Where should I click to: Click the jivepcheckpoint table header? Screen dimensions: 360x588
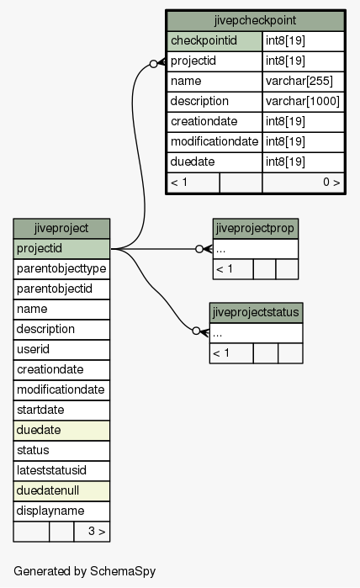tap(256, 21)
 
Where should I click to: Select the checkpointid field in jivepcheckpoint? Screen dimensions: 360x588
tap(214, 41)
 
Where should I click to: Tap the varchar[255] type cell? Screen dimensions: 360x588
tap(304, 82)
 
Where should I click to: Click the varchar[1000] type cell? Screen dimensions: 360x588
tap(304, 102)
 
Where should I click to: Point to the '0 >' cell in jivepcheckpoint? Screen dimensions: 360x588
tap(304, 183)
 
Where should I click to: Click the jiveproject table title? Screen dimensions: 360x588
tap(61, 228)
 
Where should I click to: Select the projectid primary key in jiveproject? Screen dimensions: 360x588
tap(61, 249)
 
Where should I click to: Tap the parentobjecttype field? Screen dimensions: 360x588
tap(61, 269)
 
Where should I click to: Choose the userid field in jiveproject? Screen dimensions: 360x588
tap(61, 350)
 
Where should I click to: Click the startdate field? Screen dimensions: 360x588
tap(61, 411)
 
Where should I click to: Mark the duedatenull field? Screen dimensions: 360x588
tap(61, 491)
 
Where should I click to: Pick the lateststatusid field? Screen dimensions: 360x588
tap(61, 470)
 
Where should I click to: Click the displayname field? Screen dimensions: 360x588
tap(61, 511)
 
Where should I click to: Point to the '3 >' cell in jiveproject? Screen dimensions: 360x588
tap(92, 532)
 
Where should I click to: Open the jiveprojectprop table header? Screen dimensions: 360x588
tap(256, 229)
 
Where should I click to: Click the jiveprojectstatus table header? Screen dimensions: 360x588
tap(256, 313)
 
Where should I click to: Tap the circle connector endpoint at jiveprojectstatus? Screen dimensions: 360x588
tap(196, 331)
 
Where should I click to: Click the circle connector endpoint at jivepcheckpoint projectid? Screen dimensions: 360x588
tap(153, 64)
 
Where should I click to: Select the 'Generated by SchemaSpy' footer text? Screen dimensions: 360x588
tap(84, 571)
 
